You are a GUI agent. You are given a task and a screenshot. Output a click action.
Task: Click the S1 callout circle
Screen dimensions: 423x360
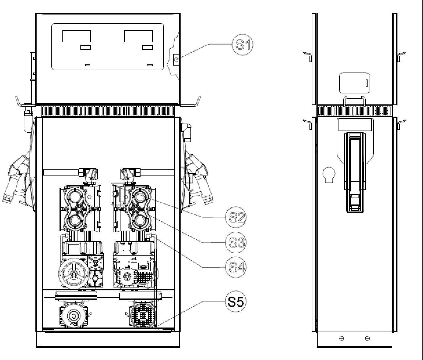click(242, 45)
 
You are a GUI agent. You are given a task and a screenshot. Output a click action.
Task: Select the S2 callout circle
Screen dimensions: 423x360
click(236, 217)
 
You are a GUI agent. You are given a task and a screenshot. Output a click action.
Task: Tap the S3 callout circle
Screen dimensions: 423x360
click(236, 243)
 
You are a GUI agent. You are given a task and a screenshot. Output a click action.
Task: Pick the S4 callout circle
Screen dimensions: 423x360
click(236, 267)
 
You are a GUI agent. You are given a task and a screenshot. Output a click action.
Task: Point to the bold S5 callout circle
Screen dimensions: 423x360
click(236, 301)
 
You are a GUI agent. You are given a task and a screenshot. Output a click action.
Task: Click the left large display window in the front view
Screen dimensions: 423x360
click(77, 36)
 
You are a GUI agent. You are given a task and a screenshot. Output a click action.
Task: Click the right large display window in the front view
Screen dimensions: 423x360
click(138, 36)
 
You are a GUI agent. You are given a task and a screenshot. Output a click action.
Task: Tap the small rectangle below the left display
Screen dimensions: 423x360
click(86, 47)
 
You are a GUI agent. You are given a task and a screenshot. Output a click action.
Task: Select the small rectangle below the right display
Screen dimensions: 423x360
click(147, 47)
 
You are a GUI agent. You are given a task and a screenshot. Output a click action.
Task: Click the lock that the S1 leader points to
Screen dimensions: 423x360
click(176, 60)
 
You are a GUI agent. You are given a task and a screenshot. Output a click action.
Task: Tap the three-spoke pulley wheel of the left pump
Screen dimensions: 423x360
click(74, 273)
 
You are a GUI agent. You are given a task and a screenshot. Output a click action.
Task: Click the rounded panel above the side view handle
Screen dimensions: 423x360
click(355, 83)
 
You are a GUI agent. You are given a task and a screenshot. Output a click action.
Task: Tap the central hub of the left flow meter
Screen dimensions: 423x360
click(79, 209)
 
